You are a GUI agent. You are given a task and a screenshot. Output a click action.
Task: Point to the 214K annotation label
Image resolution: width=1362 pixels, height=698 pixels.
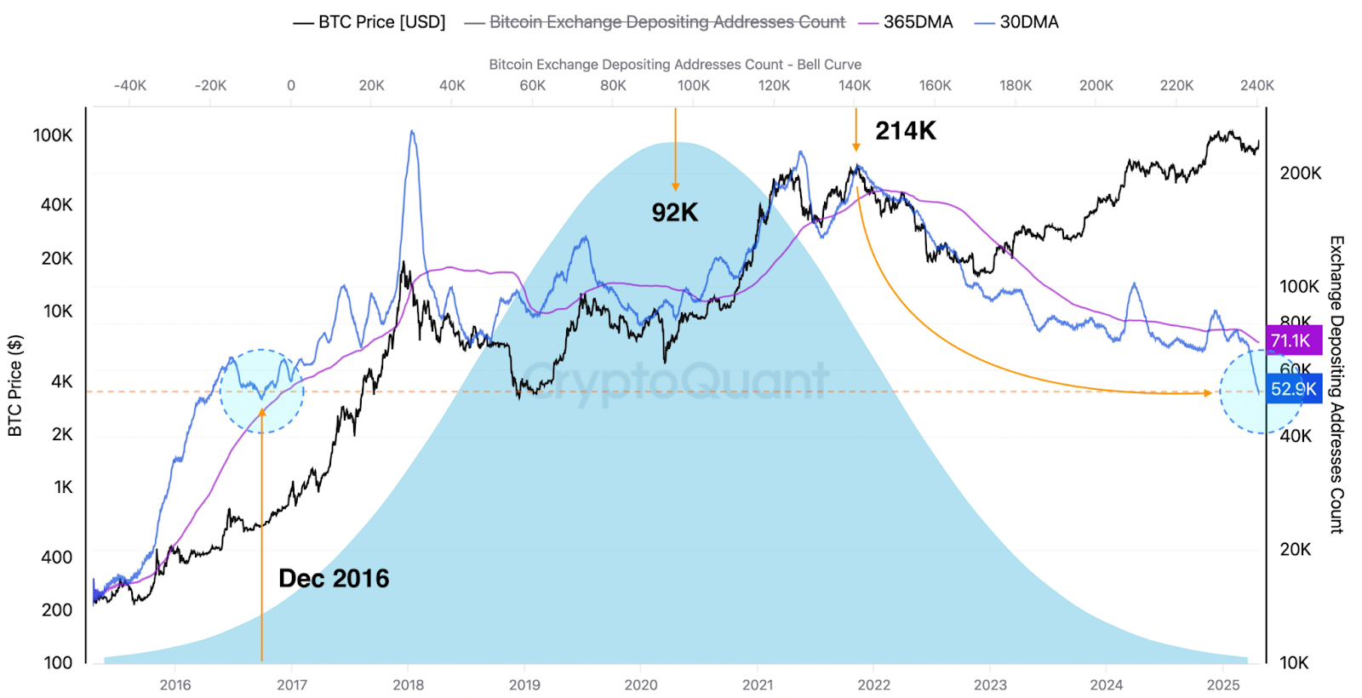[x=906, y=131]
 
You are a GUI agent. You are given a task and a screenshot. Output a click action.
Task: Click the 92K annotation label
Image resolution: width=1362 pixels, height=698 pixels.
[x=675, y=213]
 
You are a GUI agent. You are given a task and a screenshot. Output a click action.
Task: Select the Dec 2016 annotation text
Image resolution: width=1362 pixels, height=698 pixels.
[x=334, y=579]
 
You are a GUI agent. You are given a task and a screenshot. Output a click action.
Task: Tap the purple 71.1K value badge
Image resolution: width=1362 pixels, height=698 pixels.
[x=1291, y=340]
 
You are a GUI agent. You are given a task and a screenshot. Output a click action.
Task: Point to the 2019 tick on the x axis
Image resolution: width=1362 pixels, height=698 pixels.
[x=524, y=685]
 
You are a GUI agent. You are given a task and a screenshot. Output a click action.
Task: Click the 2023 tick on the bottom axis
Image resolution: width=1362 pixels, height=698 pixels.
[x=990, y=685]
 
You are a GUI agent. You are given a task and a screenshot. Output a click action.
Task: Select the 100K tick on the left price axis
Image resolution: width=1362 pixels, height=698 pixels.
[x=53, y=135]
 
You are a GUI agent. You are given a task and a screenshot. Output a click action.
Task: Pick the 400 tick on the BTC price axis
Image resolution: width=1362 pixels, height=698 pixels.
[x=56, y=558]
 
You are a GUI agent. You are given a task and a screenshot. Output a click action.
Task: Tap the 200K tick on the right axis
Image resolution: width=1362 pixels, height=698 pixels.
[x=1301, y=173]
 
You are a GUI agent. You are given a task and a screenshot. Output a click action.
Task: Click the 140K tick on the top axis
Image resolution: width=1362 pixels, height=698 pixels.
[x=855, y=85]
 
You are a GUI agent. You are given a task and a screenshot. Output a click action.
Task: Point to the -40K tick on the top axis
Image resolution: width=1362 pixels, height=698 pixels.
[x=130, y=85]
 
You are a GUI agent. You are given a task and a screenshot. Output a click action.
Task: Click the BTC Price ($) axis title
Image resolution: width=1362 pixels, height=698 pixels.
[x=14, y=386]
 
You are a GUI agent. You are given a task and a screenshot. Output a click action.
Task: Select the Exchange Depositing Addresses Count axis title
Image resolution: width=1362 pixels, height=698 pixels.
[x=1336, y=385]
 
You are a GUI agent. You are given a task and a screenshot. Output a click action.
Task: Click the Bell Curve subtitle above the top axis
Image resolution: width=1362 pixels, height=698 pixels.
[x=675, y=65]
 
